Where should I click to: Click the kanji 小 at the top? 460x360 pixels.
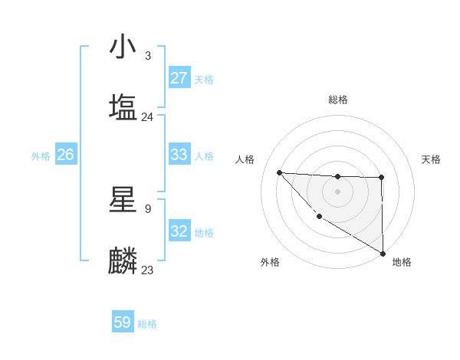click(x=123, y=47)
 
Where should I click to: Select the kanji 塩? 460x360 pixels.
click(x=123, y=106)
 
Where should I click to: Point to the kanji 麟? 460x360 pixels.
click(x=123, y=260)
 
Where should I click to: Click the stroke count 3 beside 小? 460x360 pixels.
click(x=148, y=56)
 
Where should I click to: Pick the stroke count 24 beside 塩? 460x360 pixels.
click(x=147, y=117)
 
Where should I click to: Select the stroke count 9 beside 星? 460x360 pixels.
click(x=148, y=208)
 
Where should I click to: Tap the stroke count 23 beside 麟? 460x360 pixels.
click(x=147, y=270)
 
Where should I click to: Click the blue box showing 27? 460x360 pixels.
click(x=179, y=78)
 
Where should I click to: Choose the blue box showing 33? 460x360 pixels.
click(x=179, y=155)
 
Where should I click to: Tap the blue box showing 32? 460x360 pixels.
click(x=179, y=231)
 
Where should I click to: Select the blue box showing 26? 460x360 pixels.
click(x=65, y=155)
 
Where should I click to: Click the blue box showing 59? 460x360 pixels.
click(x=123, y=322)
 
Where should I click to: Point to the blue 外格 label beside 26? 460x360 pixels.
click(x=41, y=156)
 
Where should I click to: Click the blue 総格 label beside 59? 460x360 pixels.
click(x=147, y=324)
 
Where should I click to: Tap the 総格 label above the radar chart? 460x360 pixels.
click(x=338, y=100)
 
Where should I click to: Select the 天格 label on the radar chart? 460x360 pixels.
click(x=432, y=159)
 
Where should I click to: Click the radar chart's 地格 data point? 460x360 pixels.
click(x=383, y=254)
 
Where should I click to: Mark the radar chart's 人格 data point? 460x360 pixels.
click(x=279, y=172)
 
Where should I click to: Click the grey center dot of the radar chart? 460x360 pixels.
click(x=337, y=191)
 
